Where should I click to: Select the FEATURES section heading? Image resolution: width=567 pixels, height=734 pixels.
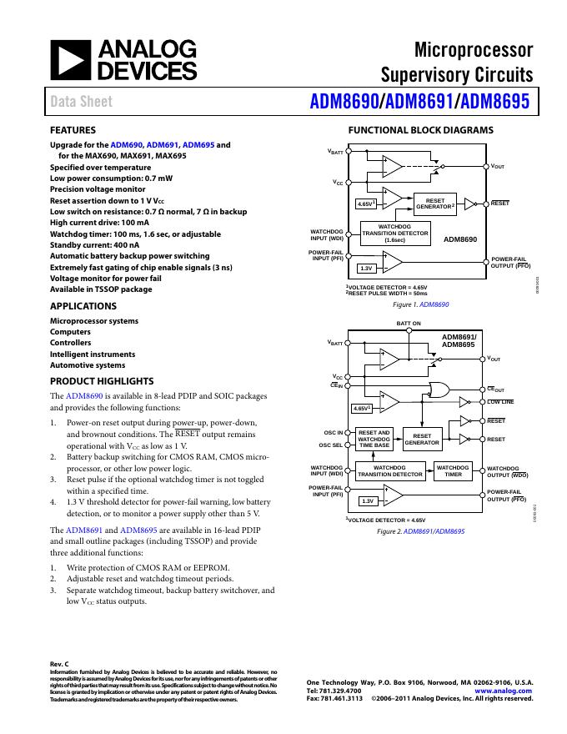pos(73,130)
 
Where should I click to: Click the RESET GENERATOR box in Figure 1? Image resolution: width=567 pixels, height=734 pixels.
pos(436,204)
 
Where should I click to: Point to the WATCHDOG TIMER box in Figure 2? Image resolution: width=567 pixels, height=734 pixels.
pos(453,470)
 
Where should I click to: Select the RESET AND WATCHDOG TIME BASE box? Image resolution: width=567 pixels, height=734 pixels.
pos(374,440)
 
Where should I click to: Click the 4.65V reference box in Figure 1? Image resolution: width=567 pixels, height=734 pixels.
pos(365,204)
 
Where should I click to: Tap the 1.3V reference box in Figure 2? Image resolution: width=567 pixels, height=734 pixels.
pos(366,501)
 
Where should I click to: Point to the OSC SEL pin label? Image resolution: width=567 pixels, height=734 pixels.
pos(332,445)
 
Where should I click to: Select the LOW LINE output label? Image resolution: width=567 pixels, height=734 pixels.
pos(500,402)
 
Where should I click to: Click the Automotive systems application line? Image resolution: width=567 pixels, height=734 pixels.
pos(88,364)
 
